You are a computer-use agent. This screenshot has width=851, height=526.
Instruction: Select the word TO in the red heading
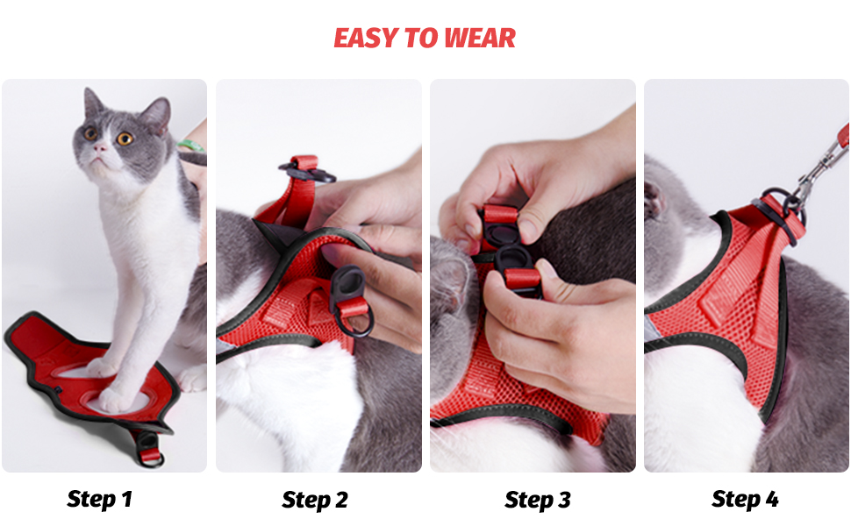421,39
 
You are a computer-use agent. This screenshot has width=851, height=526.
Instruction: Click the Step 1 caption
99,500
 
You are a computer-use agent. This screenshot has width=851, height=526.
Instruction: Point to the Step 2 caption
315,500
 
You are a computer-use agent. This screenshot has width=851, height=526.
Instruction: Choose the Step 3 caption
538,500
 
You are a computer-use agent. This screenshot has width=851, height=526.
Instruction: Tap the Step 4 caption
745,500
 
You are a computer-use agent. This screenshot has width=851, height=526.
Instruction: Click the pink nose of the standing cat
98,149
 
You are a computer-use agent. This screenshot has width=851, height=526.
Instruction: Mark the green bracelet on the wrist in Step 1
190,146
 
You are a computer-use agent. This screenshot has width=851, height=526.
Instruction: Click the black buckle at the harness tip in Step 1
150,443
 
